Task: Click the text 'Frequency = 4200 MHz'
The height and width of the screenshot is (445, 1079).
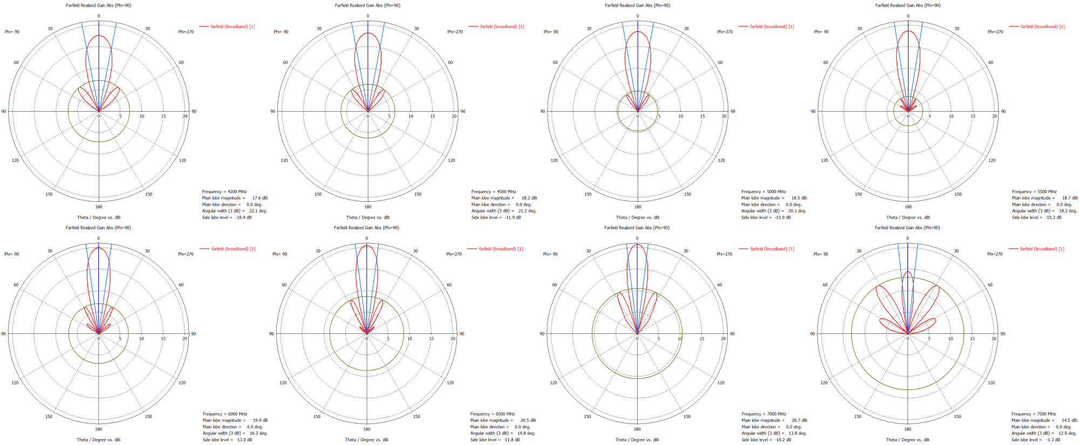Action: (224, 191)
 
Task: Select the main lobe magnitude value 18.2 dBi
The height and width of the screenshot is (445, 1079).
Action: (529, 198)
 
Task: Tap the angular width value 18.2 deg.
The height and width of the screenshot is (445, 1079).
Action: (1068, 211)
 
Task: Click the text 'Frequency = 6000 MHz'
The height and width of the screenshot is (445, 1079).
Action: (224, 414)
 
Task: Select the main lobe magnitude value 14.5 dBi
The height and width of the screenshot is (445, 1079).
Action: (1069, 420)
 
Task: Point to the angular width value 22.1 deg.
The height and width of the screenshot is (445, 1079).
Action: (258, 211)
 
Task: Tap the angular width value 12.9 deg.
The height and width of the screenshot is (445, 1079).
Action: (1067, 433)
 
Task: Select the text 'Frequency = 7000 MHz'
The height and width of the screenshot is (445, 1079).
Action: (763, 414)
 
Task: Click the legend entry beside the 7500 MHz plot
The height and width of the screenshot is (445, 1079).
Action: (1042, 249)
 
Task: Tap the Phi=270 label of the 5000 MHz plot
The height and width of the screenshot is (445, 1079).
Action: (725, 32)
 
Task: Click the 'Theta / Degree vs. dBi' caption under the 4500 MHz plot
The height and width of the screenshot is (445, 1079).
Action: (367, 217)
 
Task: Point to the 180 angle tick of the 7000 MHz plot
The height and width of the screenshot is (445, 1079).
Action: (637, 429)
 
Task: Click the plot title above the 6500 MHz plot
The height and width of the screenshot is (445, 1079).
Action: (366, 228)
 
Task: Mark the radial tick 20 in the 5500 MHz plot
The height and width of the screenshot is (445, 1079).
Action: (994, 117)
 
